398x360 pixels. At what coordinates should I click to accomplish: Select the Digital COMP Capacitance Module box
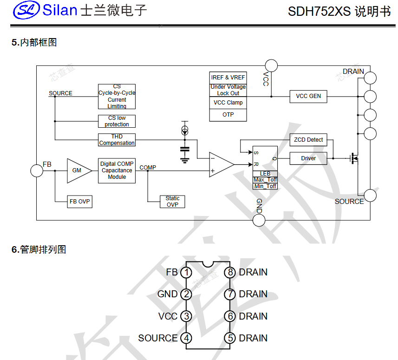117,170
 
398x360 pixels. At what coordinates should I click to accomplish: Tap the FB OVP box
79,202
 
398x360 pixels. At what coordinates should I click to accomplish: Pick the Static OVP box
172,201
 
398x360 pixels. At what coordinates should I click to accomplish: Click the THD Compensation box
117,140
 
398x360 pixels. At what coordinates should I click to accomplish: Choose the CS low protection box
117,121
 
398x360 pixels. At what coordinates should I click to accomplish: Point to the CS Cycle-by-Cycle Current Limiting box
117,97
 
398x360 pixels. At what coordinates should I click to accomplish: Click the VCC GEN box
308,96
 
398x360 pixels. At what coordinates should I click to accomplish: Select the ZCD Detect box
308,139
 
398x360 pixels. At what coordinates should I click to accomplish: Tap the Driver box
308,158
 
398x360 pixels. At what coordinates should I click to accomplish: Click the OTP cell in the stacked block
228,115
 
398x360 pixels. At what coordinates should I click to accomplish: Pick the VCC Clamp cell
228,103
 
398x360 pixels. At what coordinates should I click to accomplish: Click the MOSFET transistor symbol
355,158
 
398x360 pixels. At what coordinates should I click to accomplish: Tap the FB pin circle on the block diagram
37,170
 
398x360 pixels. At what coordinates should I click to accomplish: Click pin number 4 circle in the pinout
186,338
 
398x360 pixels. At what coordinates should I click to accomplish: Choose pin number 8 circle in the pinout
230,272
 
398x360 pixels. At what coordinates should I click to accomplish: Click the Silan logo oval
26,10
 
